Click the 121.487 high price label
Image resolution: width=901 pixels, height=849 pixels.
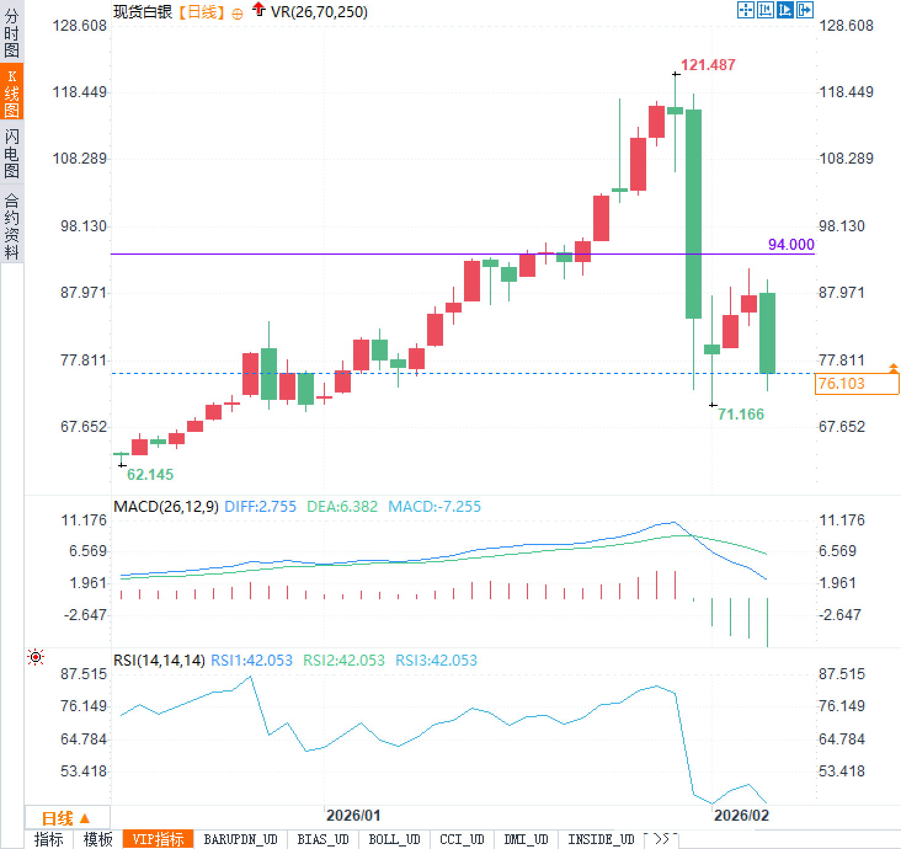[x=708, y=65]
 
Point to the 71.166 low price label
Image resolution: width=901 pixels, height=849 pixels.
[x=740, y=414]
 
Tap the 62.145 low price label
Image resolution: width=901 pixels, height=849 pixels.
[x=150, y=474]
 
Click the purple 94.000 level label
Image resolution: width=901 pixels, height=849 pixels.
[x=791, y=244]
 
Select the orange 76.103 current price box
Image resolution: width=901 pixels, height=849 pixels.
[x=857, y=384]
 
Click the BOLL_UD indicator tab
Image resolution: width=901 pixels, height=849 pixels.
[x=394, y=839]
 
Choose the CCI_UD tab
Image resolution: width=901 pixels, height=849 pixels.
[x=462, y=839]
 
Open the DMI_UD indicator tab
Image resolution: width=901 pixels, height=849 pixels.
[x=526, y=839]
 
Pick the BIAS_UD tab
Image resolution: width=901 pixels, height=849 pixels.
[x=322, y=839]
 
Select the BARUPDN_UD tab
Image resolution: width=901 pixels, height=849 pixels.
[x=241, y=839]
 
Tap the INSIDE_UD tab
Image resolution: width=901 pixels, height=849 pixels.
[x=601, y=839]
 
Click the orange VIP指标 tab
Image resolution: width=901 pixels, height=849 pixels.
[x=158, y=839]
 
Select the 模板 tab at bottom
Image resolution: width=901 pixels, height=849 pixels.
[x=98, y=839]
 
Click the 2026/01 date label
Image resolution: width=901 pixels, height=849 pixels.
[x=353, y=815]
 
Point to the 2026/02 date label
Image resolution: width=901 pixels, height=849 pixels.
[x=741, y=815]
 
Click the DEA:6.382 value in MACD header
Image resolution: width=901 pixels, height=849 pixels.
[x=342, y=507]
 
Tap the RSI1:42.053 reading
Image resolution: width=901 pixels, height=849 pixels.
[x=251, y=661]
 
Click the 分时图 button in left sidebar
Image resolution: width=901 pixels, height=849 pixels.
[x=12, y=33]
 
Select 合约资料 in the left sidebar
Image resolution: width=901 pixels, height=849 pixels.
[x=12, y=226]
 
